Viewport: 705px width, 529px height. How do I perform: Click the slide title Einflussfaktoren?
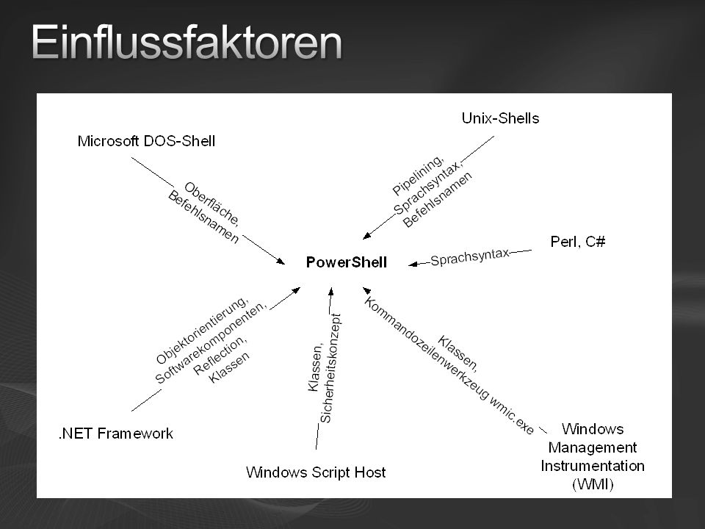(x=187, y=42)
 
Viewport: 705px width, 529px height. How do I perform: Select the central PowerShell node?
(x=346, y=262)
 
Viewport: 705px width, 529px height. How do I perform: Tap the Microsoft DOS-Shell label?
(x=146, y=141)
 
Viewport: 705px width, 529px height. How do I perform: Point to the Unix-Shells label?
(x=500, y=118)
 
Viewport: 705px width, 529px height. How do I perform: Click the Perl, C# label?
(x=578, y=242)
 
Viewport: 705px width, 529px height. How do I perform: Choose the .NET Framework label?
(x=115, y=433)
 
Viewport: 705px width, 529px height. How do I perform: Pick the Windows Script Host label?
(x=316, y=472)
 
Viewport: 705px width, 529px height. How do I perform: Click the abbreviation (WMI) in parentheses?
(x=593, y=484)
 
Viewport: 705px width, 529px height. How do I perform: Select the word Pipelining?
(x=418, y=176)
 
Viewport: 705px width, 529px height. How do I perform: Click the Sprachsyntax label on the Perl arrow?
(x=470, y=257)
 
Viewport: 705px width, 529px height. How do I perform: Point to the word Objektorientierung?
(x=202, y=330)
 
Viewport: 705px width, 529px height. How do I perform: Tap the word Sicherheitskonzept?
(x=330, y=368)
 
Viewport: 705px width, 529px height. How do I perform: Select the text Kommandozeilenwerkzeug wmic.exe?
(x=448, y=366)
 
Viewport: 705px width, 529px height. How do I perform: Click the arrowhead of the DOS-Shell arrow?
(x=281, y=261)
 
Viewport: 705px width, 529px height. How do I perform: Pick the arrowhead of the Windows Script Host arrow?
(x=331, y=292)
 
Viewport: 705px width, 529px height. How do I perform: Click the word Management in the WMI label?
(x=593, y=447)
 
